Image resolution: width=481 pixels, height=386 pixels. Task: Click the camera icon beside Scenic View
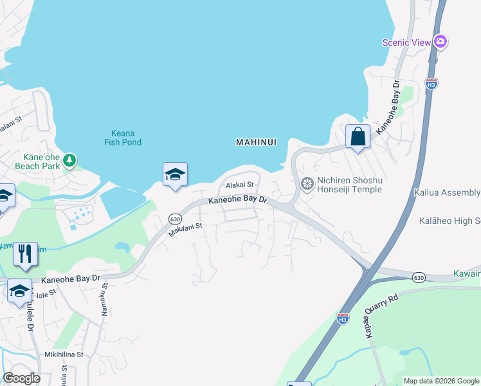440,42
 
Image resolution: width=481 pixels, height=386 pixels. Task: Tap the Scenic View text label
406,42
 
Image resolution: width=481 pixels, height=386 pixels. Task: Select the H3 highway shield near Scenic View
431,83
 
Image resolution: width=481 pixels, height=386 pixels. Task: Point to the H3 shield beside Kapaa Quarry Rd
343,317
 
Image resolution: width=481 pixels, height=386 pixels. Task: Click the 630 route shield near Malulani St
175,219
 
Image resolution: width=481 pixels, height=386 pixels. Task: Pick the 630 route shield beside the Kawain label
419,277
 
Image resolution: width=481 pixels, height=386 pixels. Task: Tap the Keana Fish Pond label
123,138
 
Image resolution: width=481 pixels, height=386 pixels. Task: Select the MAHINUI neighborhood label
256,142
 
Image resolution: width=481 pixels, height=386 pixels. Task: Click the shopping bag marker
357,136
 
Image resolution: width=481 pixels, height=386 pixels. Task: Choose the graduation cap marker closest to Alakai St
175,174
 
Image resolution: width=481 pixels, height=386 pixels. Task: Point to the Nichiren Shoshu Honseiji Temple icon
307,185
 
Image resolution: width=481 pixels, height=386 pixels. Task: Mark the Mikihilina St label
64,354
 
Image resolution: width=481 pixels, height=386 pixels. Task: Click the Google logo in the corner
21,378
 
